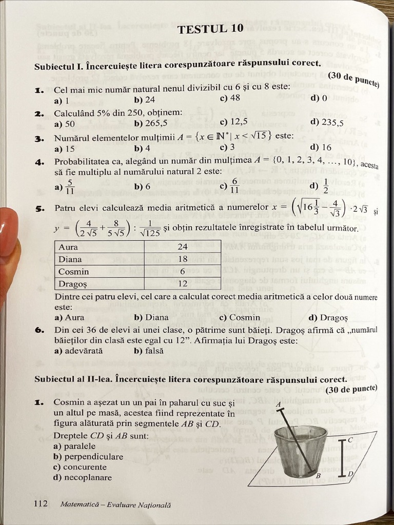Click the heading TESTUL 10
point(210,29)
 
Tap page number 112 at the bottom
point(41,503)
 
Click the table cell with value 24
point(183,247)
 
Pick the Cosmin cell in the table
point(73,272)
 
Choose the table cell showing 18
point(183,259)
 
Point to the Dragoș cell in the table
point(72,284)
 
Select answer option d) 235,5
point(327,123)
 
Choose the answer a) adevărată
point(78,351)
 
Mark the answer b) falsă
point(149,351)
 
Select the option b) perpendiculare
point(88,457)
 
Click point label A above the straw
point(279,405)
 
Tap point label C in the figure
point(350,440)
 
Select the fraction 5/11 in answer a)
point(70,187)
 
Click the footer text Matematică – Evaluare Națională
point(115,504)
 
